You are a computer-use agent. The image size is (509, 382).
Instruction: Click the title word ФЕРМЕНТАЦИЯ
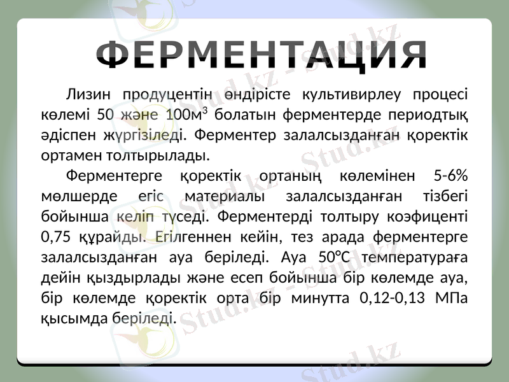(264, 55)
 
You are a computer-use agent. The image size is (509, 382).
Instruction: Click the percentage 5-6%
(450, 175)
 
